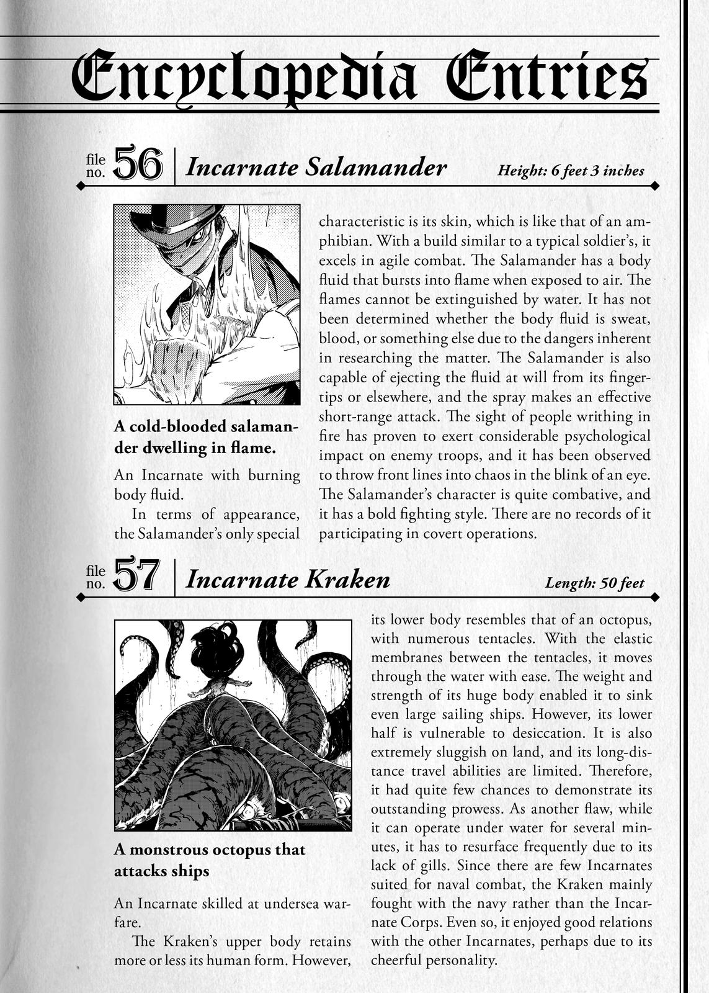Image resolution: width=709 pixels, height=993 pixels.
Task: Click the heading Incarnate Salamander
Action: [316, 167]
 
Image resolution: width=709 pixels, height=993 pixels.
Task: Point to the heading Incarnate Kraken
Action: [288, 579]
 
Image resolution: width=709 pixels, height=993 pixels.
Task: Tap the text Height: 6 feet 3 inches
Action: [571, 171]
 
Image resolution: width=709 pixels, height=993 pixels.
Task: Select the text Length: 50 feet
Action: [594, 583]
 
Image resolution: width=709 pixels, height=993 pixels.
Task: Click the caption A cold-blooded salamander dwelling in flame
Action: [206, 438]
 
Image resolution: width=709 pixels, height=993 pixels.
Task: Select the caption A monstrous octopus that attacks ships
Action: [209, 860]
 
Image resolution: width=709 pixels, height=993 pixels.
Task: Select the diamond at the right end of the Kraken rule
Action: [654, 597]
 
